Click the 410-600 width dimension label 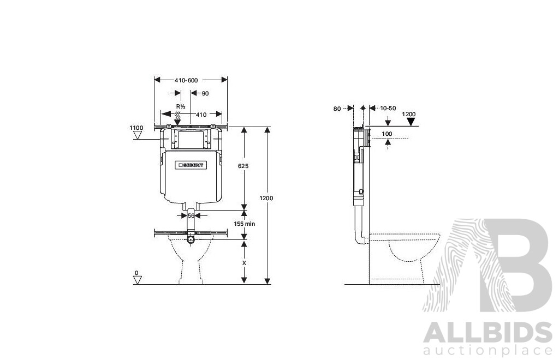186,80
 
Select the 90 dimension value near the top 205,93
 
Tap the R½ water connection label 180,106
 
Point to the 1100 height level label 136,128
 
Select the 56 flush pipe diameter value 191,216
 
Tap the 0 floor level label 137,273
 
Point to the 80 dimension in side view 337,109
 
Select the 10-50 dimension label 388,109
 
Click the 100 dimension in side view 386,134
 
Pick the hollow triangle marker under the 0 138,280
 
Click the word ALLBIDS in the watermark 487,332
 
